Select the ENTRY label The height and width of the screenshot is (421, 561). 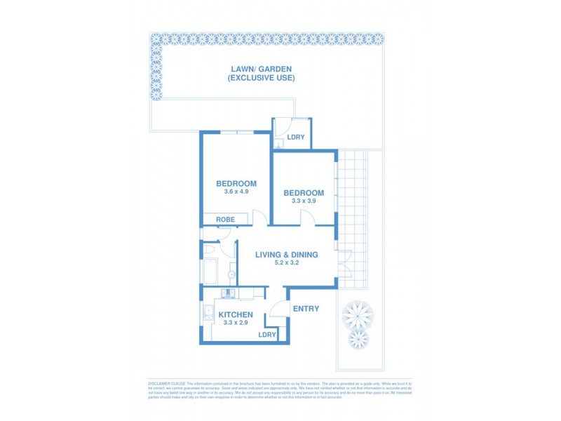305,309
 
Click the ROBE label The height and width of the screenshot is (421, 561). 225,220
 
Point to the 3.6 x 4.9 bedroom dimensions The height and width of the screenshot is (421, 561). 236,192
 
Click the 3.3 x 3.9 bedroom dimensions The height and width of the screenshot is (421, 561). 303,201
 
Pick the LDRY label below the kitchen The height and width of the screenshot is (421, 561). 266,335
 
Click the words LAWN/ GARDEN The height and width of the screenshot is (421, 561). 261,69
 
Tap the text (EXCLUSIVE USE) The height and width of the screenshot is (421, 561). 261,77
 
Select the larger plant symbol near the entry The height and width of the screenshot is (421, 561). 357,314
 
